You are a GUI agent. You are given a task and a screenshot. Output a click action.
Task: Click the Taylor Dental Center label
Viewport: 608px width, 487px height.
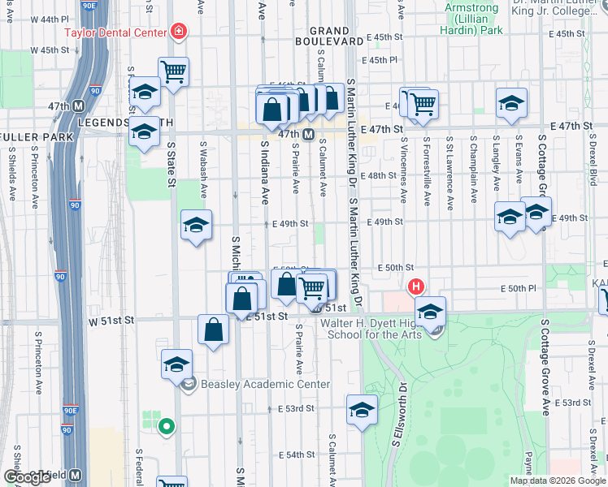pyautogui.click(x=117, y=33)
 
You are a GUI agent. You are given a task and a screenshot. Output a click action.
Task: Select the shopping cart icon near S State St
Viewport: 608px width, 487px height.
pyautogui.click(x=174, y=71)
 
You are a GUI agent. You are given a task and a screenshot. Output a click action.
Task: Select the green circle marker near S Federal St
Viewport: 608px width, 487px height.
pyautogui.click(x=167, y=425)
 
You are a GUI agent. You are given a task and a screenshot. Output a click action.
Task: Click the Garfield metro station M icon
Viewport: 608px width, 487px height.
pyautogui.click(x=75, y=475)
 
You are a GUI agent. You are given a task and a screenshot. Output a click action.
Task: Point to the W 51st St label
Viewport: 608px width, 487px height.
pyautogui.click(x=110, y=321)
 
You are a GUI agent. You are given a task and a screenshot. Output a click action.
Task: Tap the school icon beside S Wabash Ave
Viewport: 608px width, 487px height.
pyautogui.click(x=196, y=226)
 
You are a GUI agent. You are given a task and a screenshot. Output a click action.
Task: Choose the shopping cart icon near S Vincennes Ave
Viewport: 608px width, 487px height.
pyautogui.click(x=423, y=104)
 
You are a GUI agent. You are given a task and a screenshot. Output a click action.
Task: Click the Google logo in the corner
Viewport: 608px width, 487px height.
pyautogui.click(x=27, y=477)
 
